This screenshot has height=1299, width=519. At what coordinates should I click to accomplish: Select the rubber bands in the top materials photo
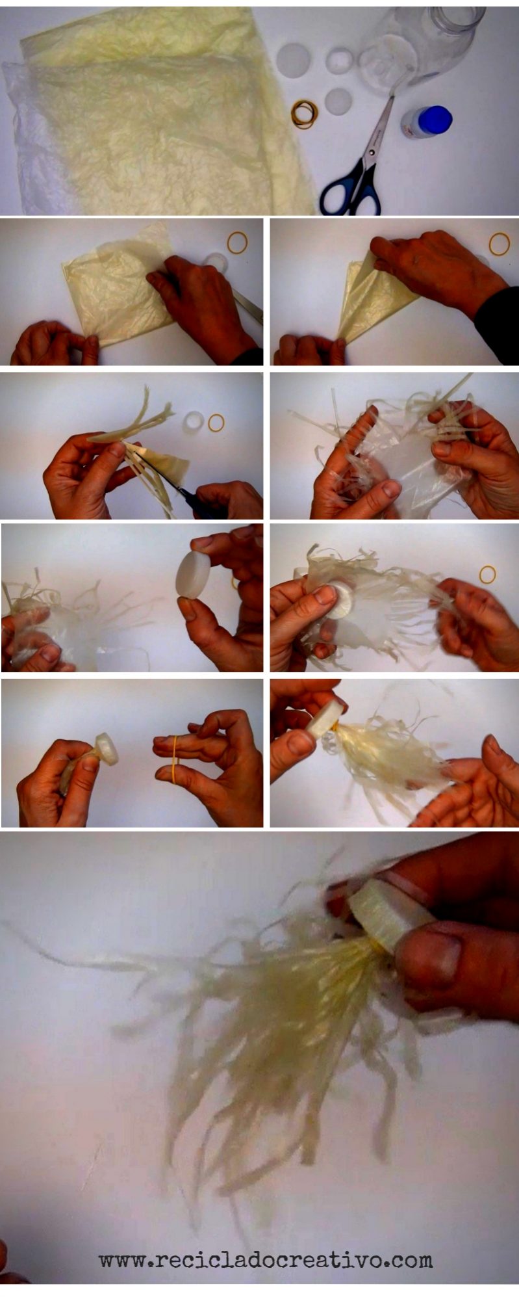tap(305, 113)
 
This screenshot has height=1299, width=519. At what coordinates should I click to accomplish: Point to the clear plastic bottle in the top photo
tap(419, 46)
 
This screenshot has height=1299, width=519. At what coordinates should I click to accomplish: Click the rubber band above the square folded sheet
tap(238, 243)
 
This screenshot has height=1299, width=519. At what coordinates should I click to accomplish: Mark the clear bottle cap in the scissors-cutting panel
tap(194, 423)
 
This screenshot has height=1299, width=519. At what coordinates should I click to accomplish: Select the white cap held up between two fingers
tap(193, 575)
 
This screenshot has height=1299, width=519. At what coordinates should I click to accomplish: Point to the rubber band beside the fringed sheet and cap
tap(487, 573)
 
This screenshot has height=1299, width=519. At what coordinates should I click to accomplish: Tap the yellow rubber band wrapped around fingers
tap(176, 753)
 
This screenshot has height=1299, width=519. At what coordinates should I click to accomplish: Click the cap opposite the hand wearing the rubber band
tap(106, 748)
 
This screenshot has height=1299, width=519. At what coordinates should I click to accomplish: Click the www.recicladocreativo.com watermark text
tap(266, 1260)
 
